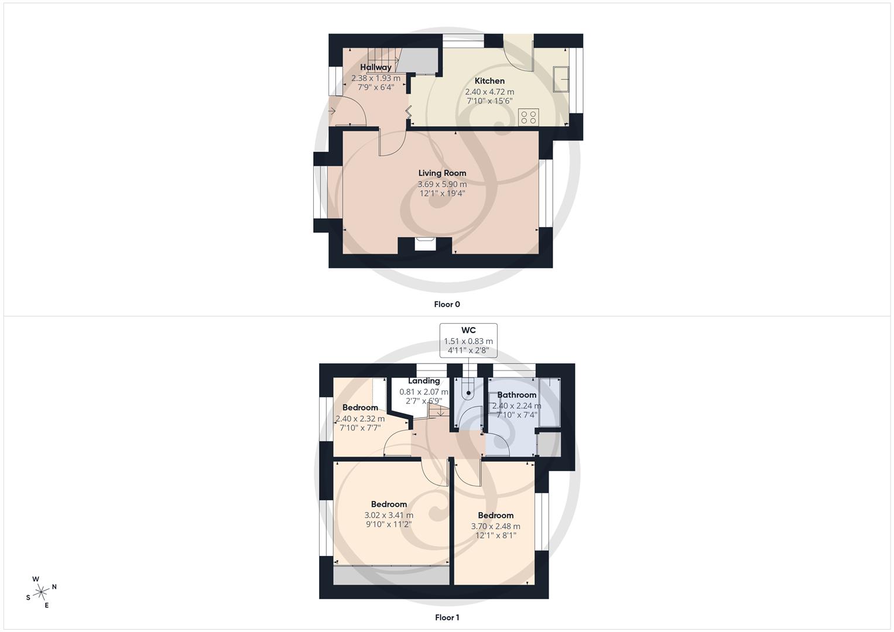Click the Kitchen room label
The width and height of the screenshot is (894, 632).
click(489, 81)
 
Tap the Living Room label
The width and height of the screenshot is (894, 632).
click(442, 173)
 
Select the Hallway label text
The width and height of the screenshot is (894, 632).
click(376, 67)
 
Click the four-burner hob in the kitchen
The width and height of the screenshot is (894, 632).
click(528, 116)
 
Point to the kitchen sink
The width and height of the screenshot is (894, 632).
click(561, 79)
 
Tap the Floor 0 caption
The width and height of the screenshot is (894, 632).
click(447, 304)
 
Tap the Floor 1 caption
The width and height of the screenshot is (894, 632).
click(447, 617)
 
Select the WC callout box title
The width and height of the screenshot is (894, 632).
click(468, 331)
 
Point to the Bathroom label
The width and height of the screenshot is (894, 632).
click(516, 395)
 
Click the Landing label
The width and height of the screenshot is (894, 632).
click(424, 381)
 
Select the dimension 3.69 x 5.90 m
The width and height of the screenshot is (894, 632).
click(442, 184)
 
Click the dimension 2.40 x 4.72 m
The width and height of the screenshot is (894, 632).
click(489, 92)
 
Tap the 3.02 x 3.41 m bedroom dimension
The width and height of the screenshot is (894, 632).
click(389, 515)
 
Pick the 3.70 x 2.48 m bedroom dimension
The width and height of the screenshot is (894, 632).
click(495, 526)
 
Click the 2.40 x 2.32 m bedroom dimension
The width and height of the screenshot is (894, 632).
click(360, 418)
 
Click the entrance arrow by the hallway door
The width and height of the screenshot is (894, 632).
click(332, 111)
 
